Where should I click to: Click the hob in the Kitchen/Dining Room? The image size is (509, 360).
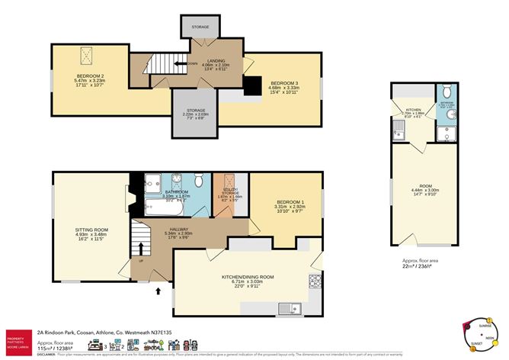(x=313, y=283)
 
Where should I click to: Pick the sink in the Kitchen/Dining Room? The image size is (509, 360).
(x=290, y=309)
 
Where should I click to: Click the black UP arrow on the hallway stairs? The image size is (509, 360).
(x=140, y=249)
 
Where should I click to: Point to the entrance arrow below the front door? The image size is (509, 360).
(x=158, y=291)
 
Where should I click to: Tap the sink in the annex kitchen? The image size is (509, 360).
(x=400, y=137)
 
